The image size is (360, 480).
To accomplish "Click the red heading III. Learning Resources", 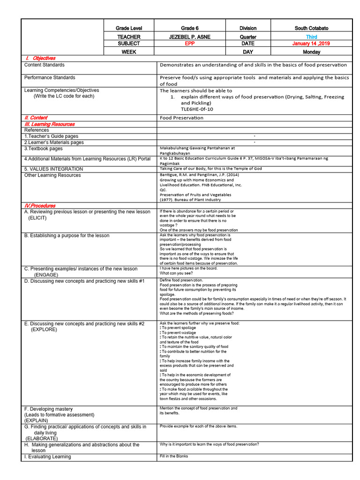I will [x=49, y=124].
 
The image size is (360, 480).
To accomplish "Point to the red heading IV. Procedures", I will [x=40, y=206].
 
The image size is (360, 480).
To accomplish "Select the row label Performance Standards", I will [x=50, y=77].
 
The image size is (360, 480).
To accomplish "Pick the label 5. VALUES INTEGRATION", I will [x=53, y=169].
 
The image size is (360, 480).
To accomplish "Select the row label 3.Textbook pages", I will [x=43, y=149].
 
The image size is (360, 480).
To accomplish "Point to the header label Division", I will [x=248, y=28].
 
